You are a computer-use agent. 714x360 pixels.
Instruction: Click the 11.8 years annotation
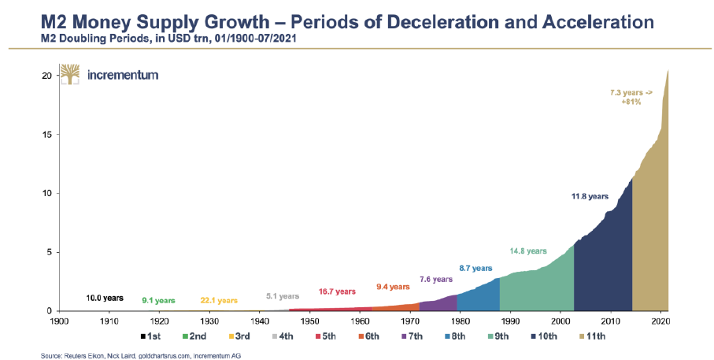[x=590, y=196]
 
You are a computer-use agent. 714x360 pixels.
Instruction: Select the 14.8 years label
[x=527, y=251]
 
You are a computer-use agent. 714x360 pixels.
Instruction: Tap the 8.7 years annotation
[x=475, y=269]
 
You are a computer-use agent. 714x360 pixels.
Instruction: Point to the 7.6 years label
[x=436, y=280]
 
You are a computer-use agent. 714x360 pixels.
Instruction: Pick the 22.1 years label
[x=219, y=300]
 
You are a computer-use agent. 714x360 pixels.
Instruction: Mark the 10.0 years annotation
[x=105, y=298]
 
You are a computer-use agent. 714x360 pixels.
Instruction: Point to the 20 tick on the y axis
[x=47, y=76]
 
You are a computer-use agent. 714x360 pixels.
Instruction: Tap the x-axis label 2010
[x=611, y=321]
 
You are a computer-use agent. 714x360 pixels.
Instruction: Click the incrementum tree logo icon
[x=70, y=76]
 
